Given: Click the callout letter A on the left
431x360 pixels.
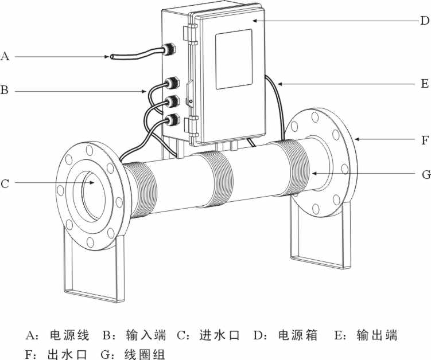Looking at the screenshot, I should point(5,56).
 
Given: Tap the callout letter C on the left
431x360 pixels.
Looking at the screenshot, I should point(5,183).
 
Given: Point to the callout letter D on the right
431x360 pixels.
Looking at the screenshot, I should point(424,21).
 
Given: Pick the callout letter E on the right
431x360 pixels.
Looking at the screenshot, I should point(424,84).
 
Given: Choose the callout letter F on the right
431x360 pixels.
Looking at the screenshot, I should point(424,139).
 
